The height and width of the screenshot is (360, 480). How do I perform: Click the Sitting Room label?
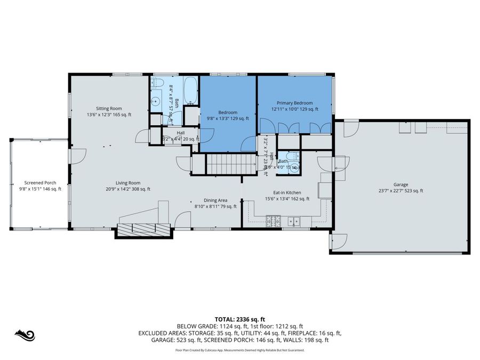tap(109, 111)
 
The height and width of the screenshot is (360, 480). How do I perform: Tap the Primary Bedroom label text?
tap(294, 106)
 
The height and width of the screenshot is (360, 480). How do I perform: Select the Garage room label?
tap(401, 187)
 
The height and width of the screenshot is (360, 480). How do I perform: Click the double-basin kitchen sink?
tap(294, 220)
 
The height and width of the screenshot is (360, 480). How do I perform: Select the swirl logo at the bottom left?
tap(25, 335)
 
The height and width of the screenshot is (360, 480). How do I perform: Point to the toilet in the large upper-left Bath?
tap(157, 83)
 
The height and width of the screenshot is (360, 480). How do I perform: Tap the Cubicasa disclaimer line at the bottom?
tap(239, 350)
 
